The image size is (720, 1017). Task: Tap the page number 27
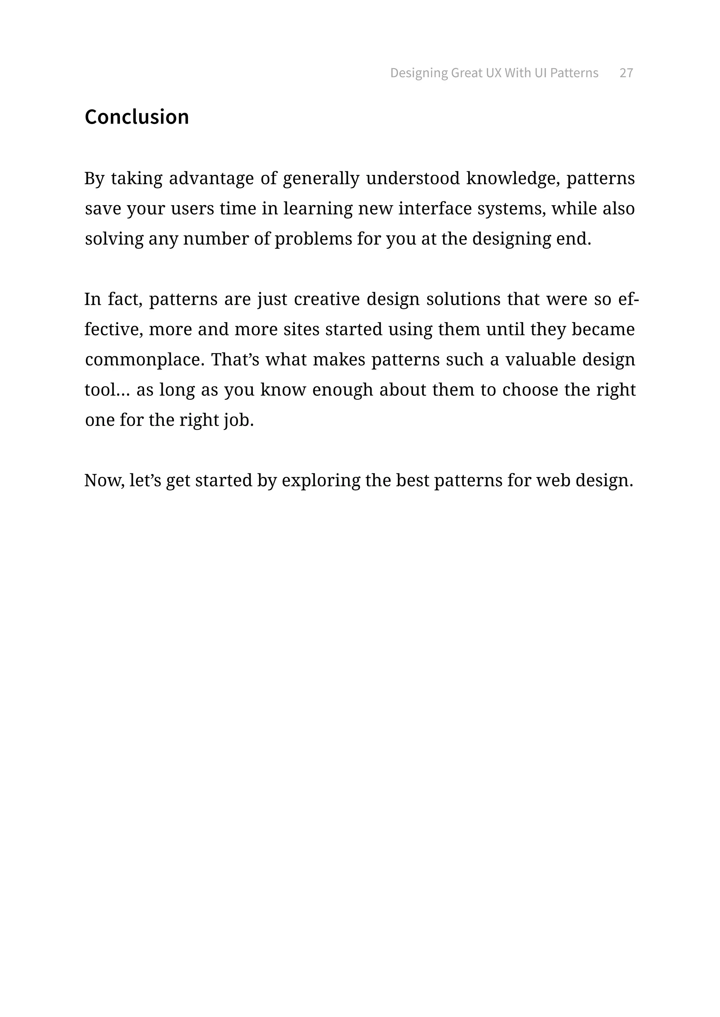point(626,73)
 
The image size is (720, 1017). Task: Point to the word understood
point(413,178)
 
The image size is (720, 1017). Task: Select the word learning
point(318,209)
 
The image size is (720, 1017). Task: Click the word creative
point(327,300)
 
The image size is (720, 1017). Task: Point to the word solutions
point(463,300)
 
